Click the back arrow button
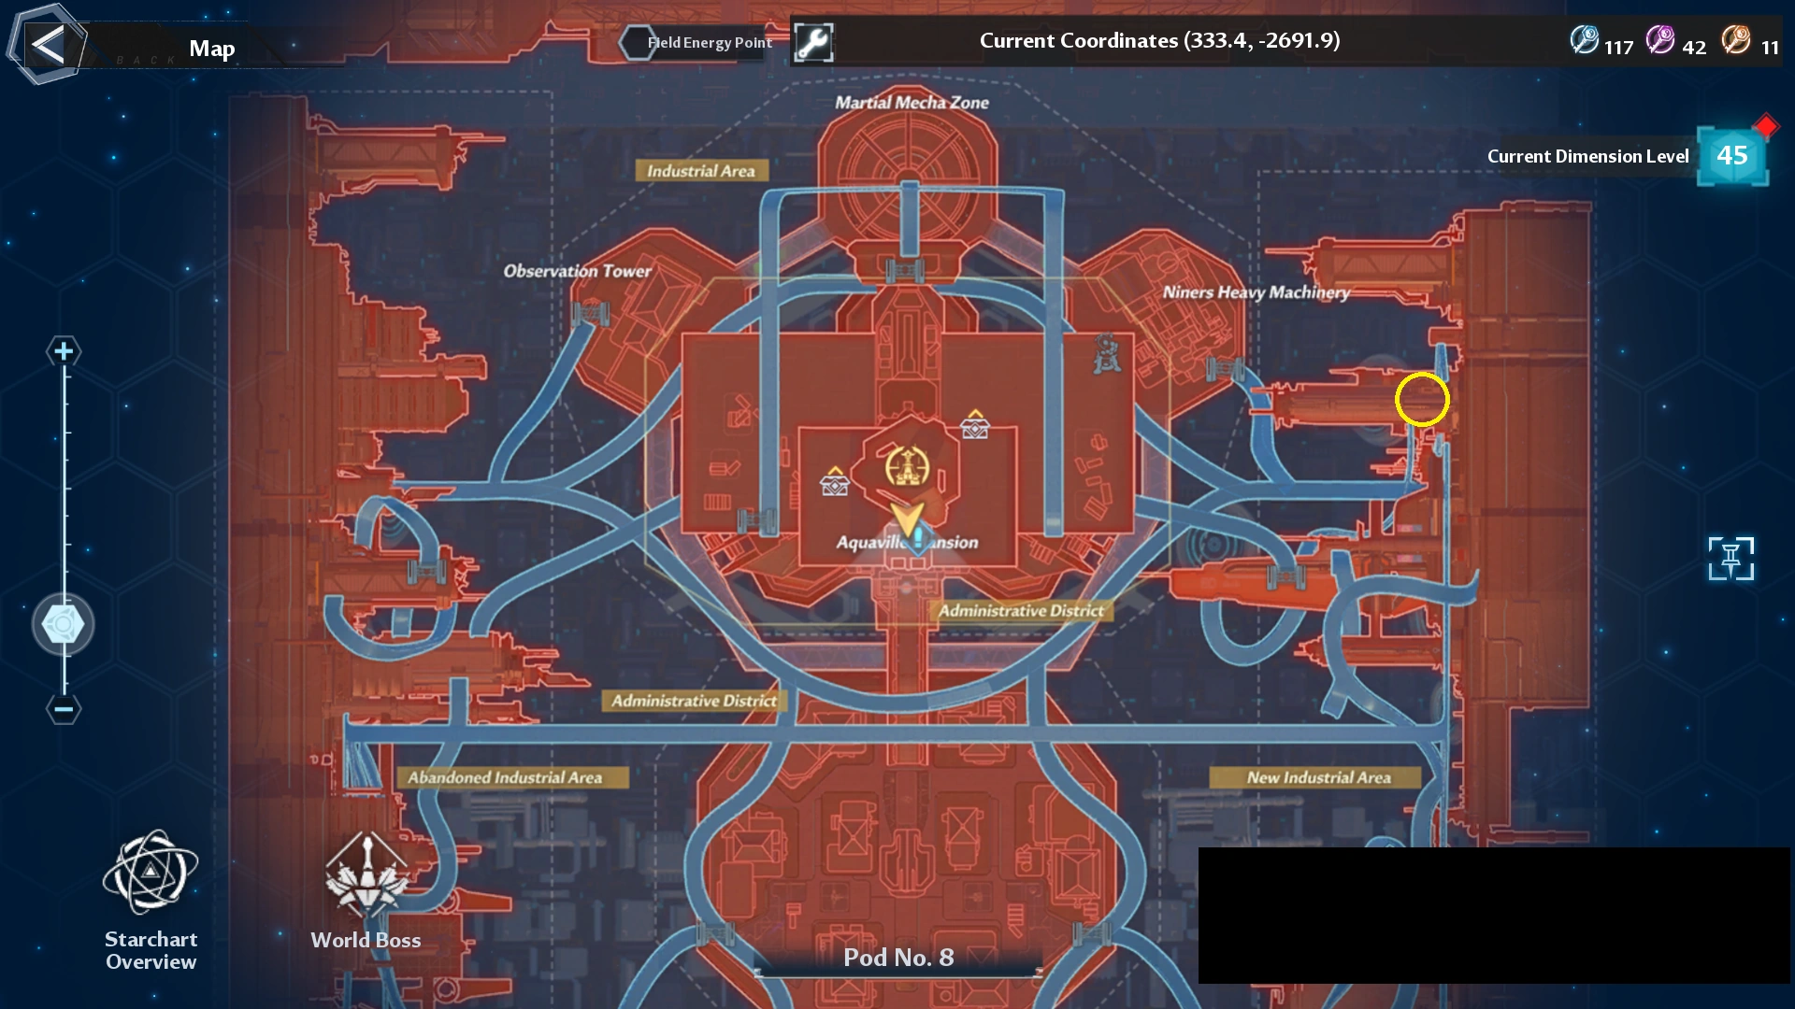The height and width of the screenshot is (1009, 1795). (x=48, y=45)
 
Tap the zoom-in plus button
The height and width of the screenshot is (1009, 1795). (x=64, y=351)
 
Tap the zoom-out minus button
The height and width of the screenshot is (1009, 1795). (x=64, y=709)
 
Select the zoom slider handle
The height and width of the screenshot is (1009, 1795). (x=64, y=624)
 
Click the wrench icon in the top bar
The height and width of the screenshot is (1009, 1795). (x=813, y=42)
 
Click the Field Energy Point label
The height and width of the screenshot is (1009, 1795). (x=709, y=43)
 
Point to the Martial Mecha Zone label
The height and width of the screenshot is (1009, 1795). (x=912, y=103)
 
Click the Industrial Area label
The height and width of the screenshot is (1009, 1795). (x=701, y=171)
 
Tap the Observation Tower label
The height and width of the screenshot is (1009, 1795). (x=577, y=271)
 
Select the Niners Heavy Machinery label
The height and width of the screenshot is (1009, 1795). (x=1256, y=292)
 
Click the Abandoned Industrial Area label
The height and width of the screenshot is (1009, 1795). (x=505, y=777)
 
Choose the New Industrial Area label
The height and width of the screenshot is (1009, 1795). (x=1318, y=777)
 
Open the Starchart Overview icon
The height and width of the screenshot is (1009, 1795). (x=151, y=873)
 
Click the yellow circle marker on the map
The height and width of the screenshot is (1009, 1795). (x=1422, y=399)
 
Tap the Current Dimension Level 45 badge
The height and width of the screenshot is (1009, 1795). (x=1731, y=156)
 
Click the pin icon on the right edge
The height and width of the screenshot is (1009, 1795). (x=1730, y=559)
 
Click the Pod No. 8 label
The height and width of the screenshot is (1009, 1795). (x=898, y=958)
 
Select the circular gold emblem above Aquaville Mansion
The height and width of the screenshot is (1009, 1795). (x=907, y=466)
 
